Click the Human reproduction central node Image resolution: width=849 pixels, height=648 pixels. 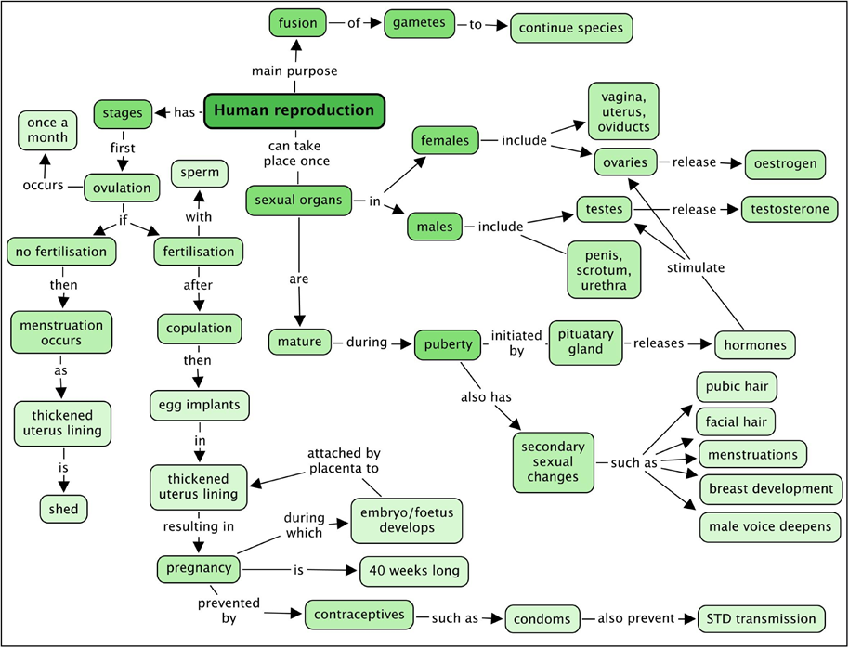(294, 110)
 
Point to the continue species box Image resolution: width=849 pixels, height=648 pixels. (571, 27)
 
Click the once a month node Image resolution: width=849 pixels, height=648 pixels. (47, 130)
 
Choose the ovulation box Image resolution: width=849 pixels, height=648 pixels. (122, 188)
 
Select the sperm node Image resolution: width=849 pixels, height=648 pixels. (200, 173)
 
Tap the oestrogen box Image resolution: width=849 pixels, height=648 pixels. (785, 164)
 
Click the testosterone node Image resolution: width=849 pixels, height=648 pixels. (789, 209)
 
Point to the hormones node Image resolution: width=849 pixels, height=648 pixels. (755, 344)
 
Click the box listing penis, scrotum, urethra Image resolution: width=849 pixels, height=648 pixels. (604, 269)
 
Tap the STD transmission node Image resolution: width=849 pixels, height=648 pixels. (760, 617)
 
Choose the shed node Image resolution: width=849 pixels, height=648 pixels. (64, 508)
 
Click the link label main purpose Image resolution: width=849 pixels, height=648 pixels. (294, 71)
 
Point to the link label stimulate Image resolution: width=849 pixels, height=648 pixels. (696, 268)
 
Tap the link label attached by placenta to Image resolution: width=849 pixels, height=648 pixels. (345, 460)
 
